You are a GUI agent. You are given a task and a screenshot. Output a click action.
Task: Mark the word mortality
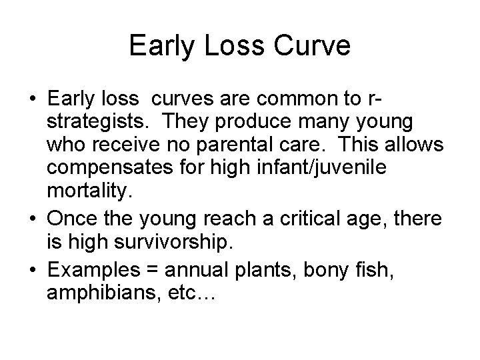[87, 193]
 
